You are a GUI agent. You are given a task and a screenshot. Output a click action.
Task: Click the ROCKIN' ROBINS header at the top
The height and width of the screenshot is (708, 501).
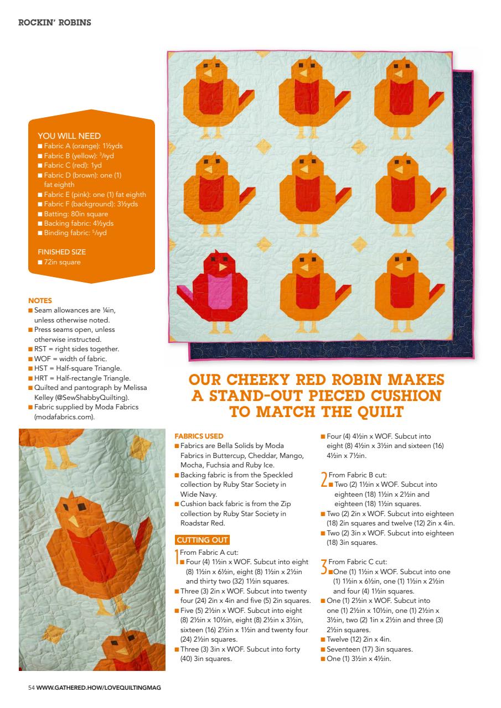tap(55, 23)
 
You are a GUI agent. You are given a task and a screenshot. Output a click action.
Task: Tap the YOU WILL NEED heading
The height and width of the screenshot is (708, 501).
tap(69, 136)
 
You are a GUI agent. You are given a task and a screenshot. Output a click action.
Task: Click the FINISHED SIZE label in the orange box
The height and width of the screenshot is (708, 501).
tap(61, 252)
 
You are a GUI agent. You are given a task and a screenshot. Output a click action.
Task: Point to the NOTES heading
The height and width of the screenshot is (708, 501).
tap(39, 301)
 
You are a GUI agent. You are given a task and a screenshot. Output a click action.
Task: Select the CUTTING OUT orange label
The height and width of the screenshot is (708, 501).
tap(202, 540)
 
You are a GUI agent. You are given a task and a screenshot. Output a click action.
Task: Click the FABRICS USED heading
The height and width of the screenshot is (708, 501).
tap(199, 436)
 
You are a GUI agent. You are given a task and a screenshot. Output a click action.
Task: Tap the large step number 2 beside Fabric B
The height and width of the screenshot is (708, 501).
tap(324, 478)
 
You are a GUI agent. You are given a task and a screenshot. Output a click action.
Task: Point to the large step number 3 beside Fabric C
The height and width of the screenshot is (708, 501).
tap(324, 565)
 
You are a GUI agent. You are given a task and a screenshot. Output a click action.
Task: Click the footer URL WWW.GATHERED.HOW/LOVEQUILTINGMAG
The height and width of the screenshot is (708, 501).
tap(99, 688)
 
